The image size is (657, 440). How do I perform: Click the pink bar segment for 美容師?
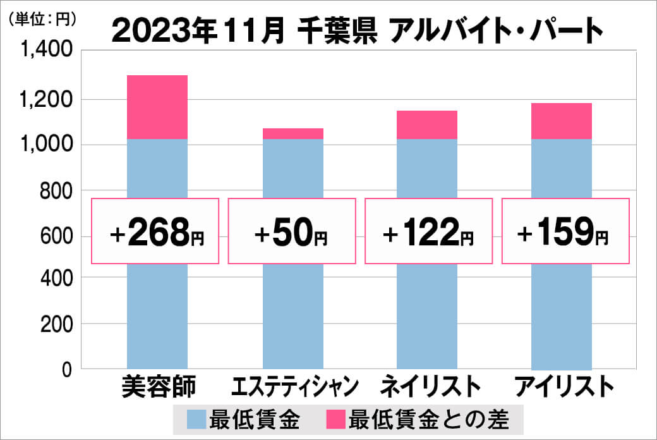coord(157,107)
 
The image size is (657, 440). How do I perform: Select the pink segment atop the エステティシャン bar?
coord(292,133)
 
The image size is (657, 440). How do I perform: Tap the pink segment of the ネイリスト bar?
coord(426,125)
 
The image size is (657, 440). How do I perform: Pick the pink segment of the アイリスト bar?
coord(562,121)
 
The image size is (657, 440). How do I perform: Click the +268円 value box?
coord(155,231)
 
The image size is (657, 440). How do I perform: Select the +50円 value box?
coord(291,231)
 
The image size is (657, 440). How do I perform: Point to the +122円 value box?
coord(428,231)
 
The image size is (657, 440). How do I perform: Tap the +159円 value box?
coord(565,231)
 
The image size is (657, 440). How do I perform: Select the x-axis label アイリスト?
coord(565,386)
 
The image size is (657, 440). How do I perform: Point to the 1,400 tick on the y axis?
coord(47,53)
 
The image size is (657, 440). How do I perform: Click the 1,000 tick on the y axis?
coord(47,145)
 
